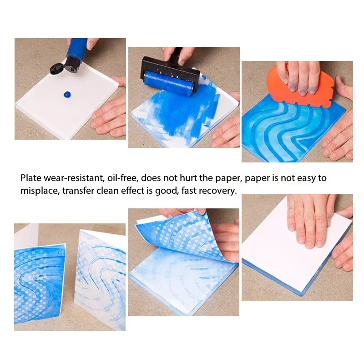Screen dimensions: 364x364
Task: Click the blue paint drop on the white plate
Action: pyautogui.click(x=67, y=94)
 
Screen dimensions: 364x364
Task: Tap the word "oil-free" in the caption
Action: pyautogui.click(x=123, y=178)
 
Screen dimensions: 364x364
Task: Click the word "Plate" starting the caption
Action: pyautogui.click(x=30, y=178)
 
